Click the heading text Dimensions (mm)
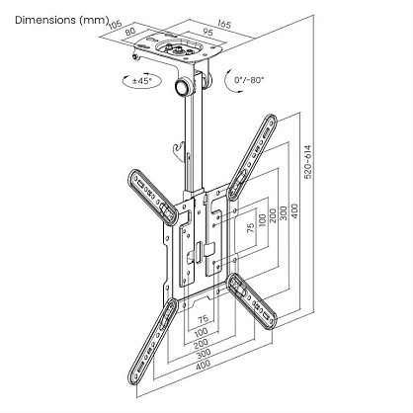[x=62, y=20]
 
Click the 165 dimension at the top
[x=224, y=24]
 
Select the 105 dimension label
[x=116, y=25]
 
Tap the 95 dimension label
[x=207, y=32]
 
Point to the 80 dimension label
[x=130, y=32]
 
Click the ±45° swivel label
[x=142, y=81]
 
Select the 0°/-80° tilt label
[x=249, y=80]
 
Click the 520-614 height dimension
[x=307, y=162]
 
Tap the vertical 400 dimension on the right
[x=295, y=211]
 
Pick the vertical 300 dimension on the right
[x=284, y=212]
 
